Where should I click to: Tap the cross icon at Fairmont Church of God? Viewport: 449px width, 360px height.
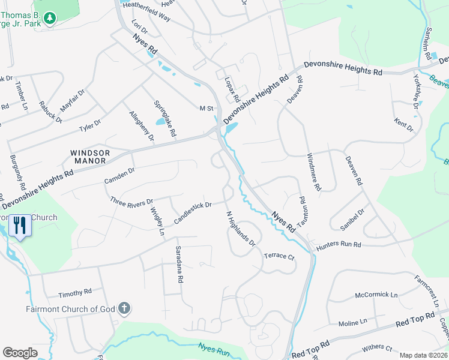[x=124, y=309]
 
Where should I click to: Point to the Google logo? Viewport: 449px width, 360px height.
[x=20, y=353]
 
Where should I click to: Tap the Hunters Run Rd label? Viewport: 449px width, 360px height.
[x=340, y=245]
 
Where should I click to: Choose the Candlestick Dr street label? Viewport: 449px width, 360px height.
[x=193, y=213]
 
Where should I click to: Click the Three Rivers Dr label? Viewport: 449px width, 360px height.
[x=132, y=203]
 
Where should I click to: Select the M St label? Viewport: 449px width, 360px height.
[x=206, y=108]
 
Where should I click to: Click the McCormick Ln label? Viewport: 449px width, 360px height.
[x=376, y=295]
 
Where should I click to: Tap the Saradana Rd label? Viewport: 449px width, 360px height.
[x=178, y=264]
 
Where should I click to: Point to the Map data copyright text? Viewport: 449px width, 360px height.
[x=423, y=355]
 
